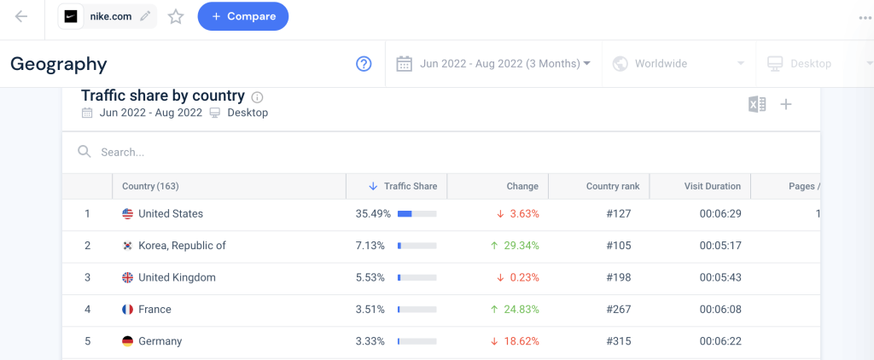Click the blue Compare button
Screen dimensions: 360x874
pyautogui.click(x=243, y=16)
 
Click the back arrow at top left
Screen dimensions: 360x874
pyautogui.click(x=21, y=16)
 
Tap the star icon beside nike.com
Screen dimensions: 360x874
pyautogui.click(x=176, y=17)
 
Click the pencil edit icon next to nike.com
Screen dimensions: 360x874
pyautogui.click(x=145, y=16)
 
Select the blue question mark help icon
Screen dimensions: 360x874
pyautogui.click(x=364, y=64)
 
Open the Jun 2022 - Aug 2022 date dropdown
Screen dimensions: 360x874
pyautogui.click(x=494, y=64)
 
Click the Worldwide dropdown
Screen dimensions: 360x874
pyautogui.click(x=674, y=64)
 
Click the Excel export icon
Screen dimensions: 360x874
pyautogui.click(x=756, y=104)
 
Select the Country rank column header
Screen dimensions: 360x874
pyautogui.click(x=612, y=187)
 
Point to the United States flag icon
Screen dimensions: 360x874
pyautogui.click(x=128, y=214)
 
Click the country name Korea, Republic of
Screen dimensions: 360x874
pyautogui.click(x=182, y=246)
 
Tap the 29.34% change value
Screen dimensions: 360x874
pyautogui.click(x=519, y=246)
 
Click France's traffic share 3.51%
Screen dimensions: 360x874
pyautogui.click(x=370, y=310)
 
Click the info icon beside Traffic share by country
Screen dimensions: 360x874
pyautogui.click(x=258, y=97)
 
